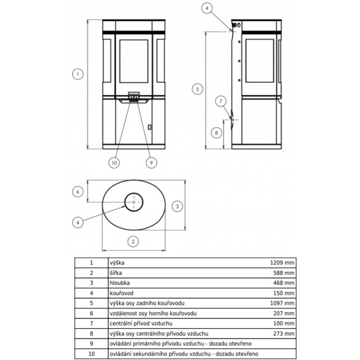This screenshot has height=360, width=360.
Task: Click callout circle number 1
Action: coord(77,74)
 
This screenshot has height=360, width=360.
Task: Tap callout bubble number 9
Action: coord(151,162)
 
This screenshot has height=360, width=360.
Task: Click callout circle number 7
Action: coord(220,101)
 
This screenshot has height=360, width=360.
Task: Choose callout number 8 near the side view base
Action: coord(216,133)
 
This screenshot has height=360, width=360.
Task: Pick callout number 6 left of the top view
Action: coord(78,192)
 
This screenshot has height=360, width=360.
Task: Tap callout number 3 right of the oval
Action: coord(177,206)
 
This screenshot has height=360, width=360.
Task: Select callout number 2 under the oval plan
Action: coord(132,242)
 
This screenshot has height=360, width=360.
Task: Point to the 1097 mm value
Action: coord(283,303)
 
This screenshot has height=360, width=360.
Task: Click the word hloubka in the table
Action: coord(119,283)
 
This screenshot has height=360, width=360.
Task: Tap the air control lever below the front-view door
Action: coord(134,98)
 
